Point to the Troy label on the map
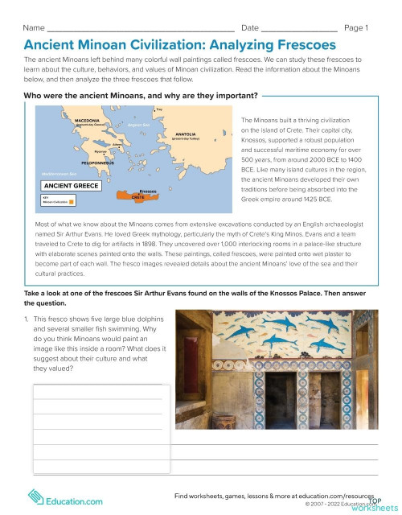coord(160,108)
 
